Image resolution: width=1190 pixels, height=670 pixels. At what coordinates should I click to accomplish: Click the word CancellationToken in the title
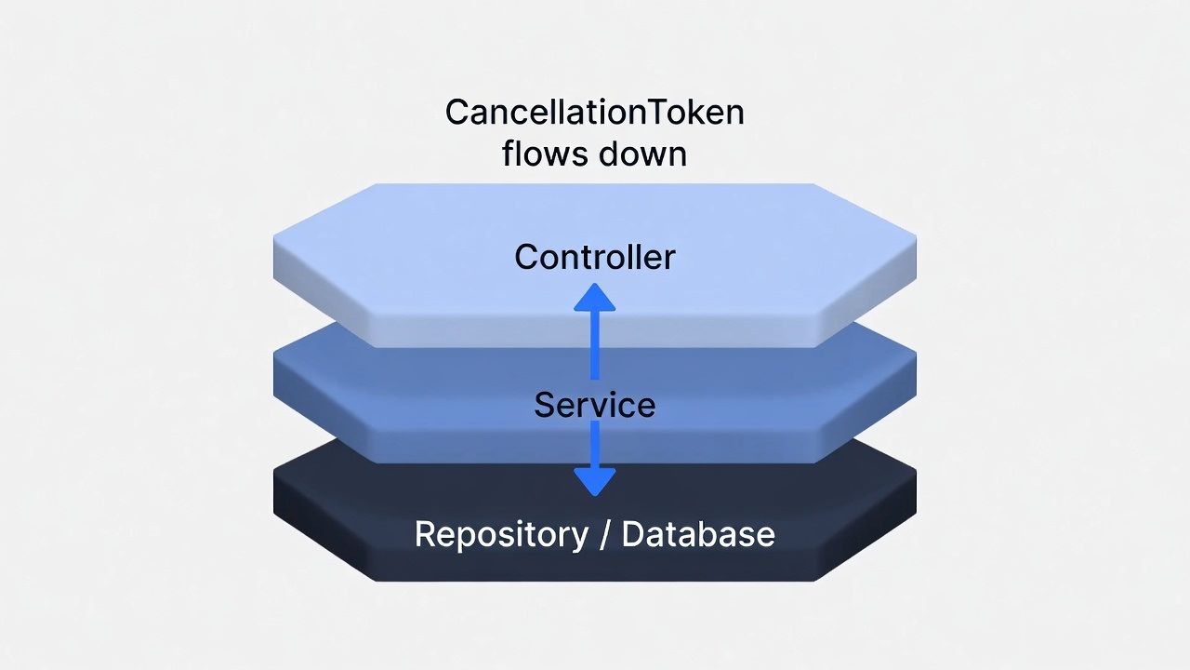595,113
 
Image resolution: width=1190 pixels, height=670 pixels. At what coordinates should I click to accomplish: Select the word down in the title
643,154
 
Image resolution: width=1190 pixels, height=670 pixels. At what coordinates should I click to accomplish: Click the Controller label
595,257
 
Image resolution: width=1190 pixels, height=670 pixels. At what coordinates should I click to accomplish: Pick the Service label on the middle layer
595,405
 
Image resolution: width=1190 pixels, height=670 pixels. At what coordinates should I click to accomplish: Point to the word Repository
501,534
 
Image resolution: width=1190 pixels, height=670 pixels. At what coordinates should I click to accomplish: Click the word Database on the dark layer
697,534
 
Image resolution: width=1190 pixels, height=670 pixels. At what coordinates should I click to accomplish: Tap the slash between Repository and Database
605,534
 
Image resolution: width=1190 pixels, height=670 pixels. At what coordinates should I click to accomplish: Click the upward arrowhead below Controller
595,298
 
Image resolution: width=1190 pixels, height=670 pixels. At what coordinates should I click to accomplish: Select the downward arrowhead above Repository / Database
595,481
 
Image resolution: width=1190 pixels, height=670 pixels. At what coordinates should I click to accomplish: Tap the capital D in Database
631,534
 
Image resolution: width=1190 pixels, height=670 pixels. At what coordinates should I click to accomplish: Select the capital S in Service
544,405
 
